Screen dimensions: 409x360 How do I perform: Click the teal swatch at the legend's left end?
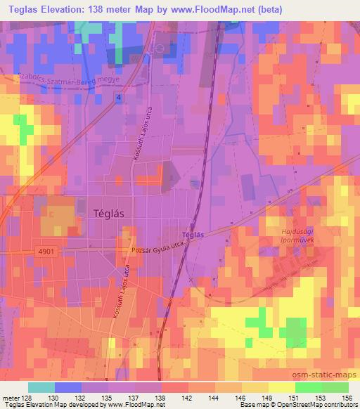41,387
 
